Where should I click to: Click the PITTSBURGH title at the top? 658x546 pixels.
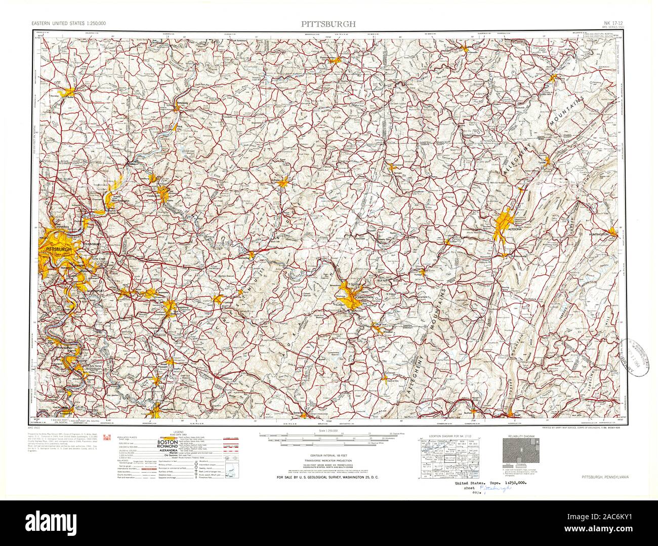pos(328,24)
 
